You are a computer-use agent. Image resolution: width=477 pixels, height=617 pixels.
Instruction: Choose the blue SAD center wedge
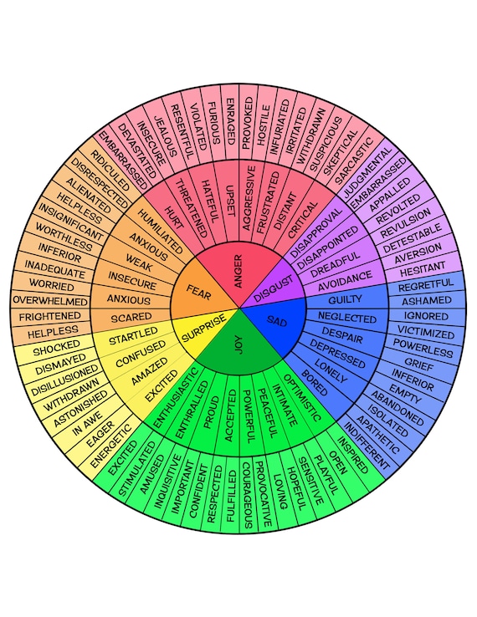click(x=275, y=321)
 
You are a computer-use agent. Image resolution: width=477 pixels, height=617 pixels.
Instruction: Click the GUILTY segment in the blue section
click(x=346, y=299)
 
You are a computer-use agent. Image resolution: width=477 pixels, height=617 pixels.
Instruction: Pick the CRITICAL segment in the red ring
click(x=301, y=218)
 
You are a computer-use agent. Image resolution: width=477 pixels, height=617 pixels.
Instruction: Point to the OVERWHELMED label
click(x=51, y=300)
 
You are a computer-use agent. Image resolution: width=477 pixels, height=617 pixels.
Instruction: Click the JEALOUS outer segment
click(x=163, y=136)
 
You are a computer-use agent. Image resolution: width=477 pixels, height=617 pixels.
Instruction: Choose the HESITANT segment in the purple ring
click(x=422, y=271)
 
